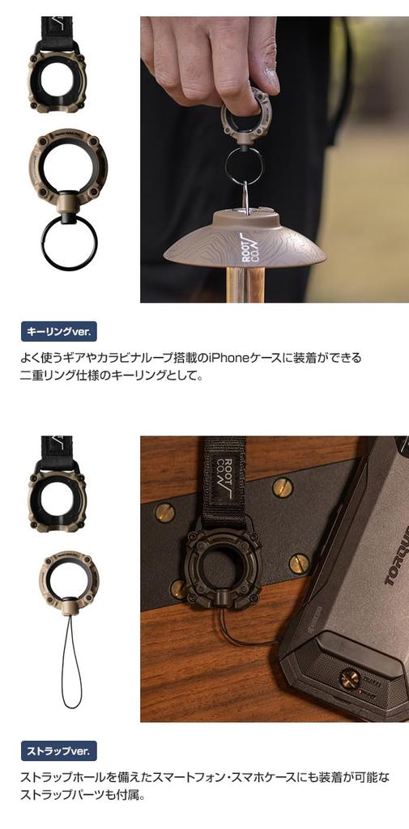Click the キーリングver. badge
click(58, 331)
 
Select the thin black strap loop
click(71, 664)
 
